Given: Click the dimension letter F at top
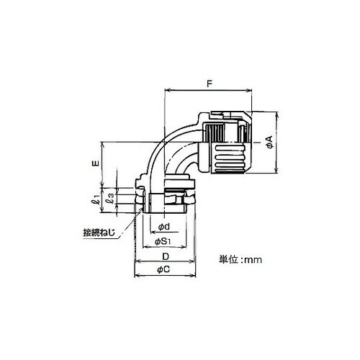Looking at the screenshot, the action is tap(210, 84).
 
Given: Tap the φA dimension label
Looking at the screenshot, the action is tap(271, 142).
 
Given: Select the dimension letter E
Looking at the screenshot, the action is tap(96, 163).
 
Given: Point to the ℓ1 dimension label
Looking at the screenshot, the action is tap(96, 199).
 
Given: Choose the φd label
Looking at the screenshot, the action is tap(164, 226).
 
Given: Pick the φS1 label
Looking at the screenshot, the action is tap(163, 241).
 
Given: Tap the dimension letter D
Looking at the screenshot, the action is tap(166, 256).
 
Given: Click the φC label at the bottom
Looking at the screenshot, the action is tap(163, 269).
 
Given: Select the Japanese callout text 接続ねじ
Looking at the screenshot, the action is tap(99, 233).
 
